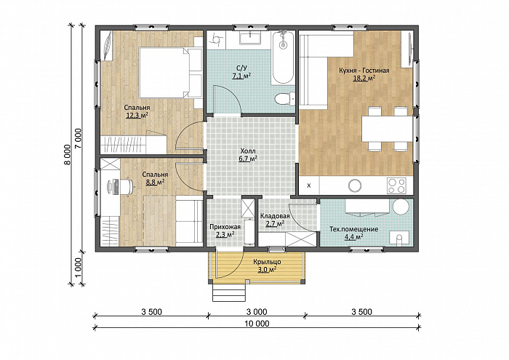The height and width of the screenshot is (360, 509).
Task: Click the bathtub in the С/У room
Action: tap(283, 57)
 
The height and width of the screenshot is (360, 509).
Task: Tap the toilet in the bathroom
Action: tap(285, 98)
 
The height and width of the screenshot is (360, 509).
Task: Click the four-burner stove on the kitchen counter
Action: tap(396, 185)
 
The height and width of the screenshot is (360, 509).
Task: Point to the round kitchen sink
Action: tap(355, 185)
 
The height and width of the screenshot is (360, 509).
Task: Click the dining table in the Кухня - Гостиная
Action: tap(388, 129)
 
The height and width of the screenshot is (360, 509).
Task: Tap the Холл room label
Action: tap(248, 151)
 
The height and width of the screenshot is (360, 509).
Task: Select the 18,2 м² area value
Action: tap(364, 78)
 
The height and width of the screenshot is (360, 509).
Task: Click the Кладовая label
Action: tap(275, 216)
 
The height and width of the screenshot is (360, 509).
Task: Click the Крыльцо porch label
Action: tap(267, 262)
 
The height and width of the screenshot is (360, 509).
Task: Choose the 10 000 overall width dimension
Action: tap(256, 324)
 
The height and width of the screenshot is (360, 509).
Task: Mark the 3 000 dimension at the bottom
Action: tap(257, 312)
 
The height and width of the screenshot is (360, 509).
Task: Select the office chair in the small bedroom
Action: tap(127, 186)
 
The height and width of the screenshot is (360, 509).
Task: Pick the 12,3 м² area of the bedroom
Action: tap(137, 115)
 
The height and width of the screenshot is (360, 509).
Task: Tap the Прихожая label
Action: tap(225, 227)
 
